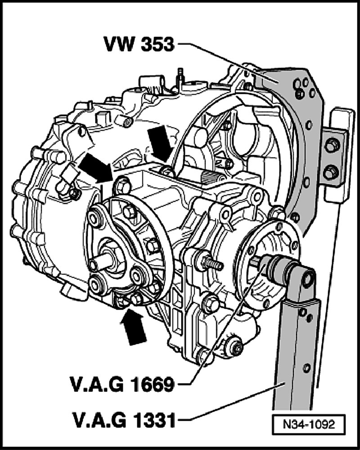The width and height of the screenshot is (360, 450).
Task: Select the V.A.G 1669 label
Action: (x=124, y=385)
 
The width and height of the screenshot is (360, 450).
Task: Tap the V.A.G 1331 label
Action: (x=124, y=420)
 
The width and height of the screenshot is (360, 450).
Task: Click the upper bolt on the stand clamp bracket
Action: (x=332, y=145)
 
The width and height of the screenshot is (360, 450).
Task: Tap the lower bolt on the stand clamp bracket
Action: (x=332, y=171)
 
